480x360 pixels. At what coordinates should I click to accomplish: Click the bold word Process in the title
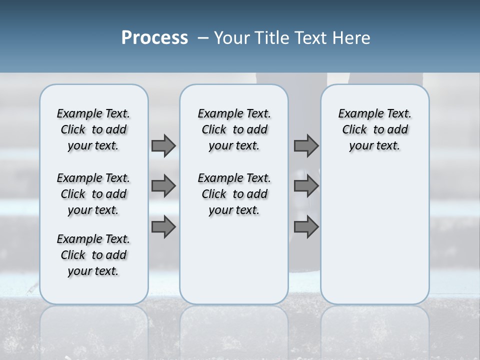click(154, 38)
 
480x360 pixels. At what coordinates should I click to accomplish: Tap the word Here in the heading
click(352, 38)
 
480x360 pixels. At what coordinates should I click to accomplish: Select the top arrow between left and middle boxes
click(163, 145)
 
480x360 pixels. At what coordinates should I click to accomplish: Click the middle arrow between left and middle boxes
click(163, 186)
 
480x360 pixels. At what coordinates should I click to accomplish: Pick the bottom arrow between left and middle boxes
click(163, 227)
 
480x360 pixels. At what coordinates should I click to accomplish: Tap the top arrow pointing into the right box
click(306, 145)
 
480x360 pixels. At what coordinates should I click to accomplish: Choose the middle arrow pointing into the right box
click(306, 186)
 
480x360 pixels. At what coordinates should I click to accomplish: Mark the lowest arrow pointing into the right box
click(306, 227)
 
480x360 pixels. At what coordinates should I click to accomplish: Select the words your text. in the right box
click(374, 146)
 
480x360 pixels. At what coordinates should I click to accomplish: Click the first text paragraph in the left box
click(93, 129)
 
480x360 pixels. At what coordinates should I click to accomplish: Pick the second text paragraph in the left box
click(93, 194)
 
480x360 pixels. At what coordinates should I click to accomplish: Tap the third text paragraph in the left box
click(93, 255)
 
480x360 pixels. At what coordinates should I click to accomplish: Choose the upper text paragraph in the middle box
click(234, 129)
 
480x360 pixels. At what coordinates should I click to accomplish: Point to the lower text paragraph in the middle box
click(234, 194)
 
